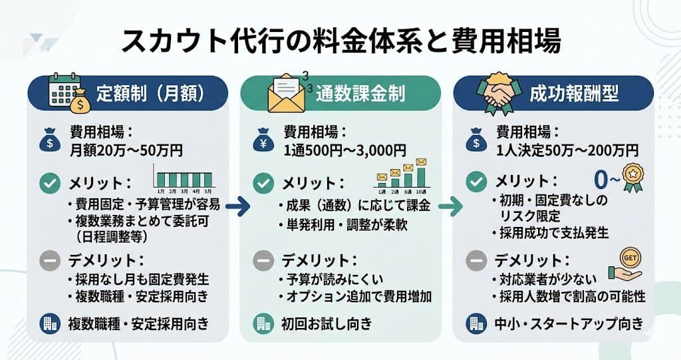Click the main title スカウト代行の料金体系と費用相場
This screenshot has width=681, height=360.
tap(341, 41)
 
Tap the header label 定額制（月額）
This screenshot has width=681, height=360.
tap(150, 93)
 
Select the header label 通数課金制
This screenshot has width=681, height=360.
tap(360, 93)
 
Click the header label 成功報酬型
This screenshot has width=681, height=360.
tap(574, 93)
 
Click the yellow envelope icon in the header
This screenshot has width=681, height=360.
tap(286, 93)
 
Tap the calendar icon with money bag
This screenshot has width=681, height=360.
tap(69, 93)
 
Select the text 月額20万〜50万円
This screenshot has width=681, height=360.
tap(126, 150)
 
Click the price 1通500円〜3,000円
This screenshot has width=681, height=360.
tap(345, 150)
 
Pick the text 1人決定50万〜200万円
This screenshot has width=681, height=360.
tap(567, 150)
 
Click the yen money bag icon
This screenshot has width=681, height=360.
tap(263, 140)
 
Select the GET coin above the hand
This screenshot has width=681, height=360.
tap(630, 258)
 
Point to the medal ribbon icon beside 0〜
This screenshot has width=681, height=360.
tap(633, 178)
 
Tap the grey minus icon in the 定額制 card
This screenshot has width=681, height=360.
tap(49, 261)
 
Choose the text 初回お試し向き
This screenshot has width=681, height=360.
tap(327, 323)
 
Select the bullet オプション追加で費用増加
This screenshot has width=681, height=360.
tap(356, 297)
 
